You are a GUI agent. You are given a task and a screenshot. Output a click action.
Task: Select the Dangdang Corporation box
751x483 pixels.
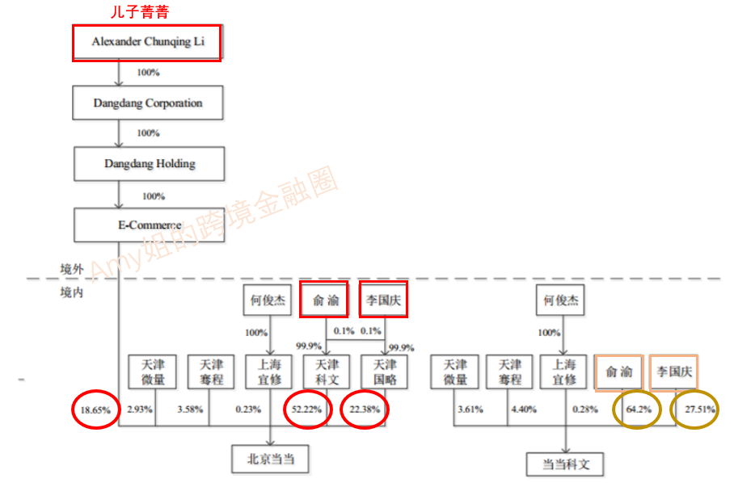147,103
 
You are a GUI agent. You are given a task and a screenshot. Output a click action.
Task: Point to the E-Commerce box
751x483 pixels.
147,225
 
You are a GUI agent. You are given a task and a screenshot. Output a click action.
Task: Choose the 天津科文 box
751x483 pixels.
327,372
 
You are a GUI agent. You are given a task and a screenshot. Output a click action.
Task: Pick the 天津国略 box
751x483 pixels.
384,372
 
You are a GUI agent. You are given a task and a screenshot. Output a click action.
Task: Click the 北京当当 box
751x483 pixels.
271,460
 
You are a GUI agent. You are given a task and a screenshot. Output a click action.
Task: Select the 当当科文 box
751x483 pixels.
565,463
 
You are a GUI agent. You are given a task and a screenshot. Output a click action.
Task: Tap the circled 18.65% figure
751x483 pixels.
95,409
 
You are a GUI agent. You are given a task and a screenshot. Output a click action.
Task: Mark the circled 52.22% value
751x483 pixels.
306,409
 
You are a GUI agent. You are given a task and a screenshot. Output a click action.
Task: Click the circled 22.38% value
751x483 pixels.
364,409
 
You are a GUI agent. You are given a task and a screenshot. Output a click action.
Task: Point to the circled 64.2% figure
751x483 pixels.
638,409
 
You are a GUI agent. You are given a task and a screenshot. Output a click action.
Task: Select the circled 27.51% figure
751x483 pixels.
698,409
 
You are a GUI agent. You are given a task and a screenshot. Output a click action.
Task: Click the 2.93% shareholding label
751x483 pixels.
140,409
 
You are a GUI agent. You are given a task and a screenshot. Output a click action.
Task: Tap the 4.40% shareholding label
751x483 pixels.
524,409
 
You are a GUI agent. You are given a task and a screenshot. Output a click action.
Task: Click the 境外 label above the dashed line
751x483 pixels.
72,269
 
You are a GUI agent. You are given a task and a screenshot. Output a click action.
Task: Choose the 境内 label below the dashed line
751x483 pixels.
72,292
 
